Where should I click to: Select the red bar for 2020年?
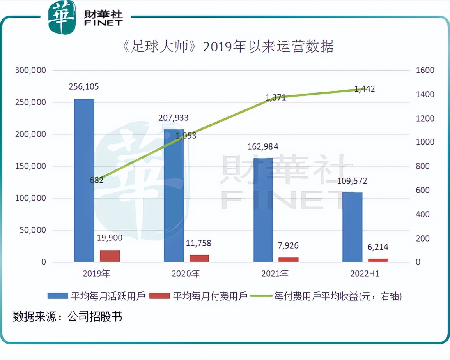(x=199, y=258)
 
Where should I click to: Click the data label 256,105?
(x=84, y=87)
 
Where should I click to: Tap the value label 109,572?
(x=352, y=181)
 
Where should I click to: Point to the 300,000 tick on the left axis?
(x=30, y=71)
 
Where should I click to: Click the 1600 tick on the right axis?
(x=425, y=71)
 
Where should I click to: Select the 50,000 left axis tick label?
(x=32, y=230)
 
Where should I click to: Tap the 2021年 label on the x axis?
(x=275, y=274)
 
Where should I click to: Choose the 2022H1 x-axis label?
(x=365, y=274)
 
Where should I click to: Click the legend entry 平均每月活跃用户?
(x=96, y=296)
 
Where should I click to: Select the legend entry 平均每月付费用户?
(x=199, y=296)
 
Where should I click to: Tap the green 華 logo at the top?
(x=62, y=17)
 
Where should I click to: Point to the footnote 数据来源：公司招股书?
(x=67, y=316)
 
